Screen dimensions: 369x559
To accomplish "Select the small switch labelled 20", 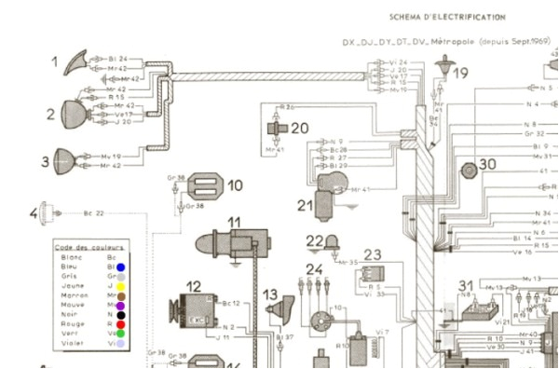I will [274, 129].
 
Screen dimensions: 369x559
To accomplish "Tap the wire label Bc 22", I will [94, 213].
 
